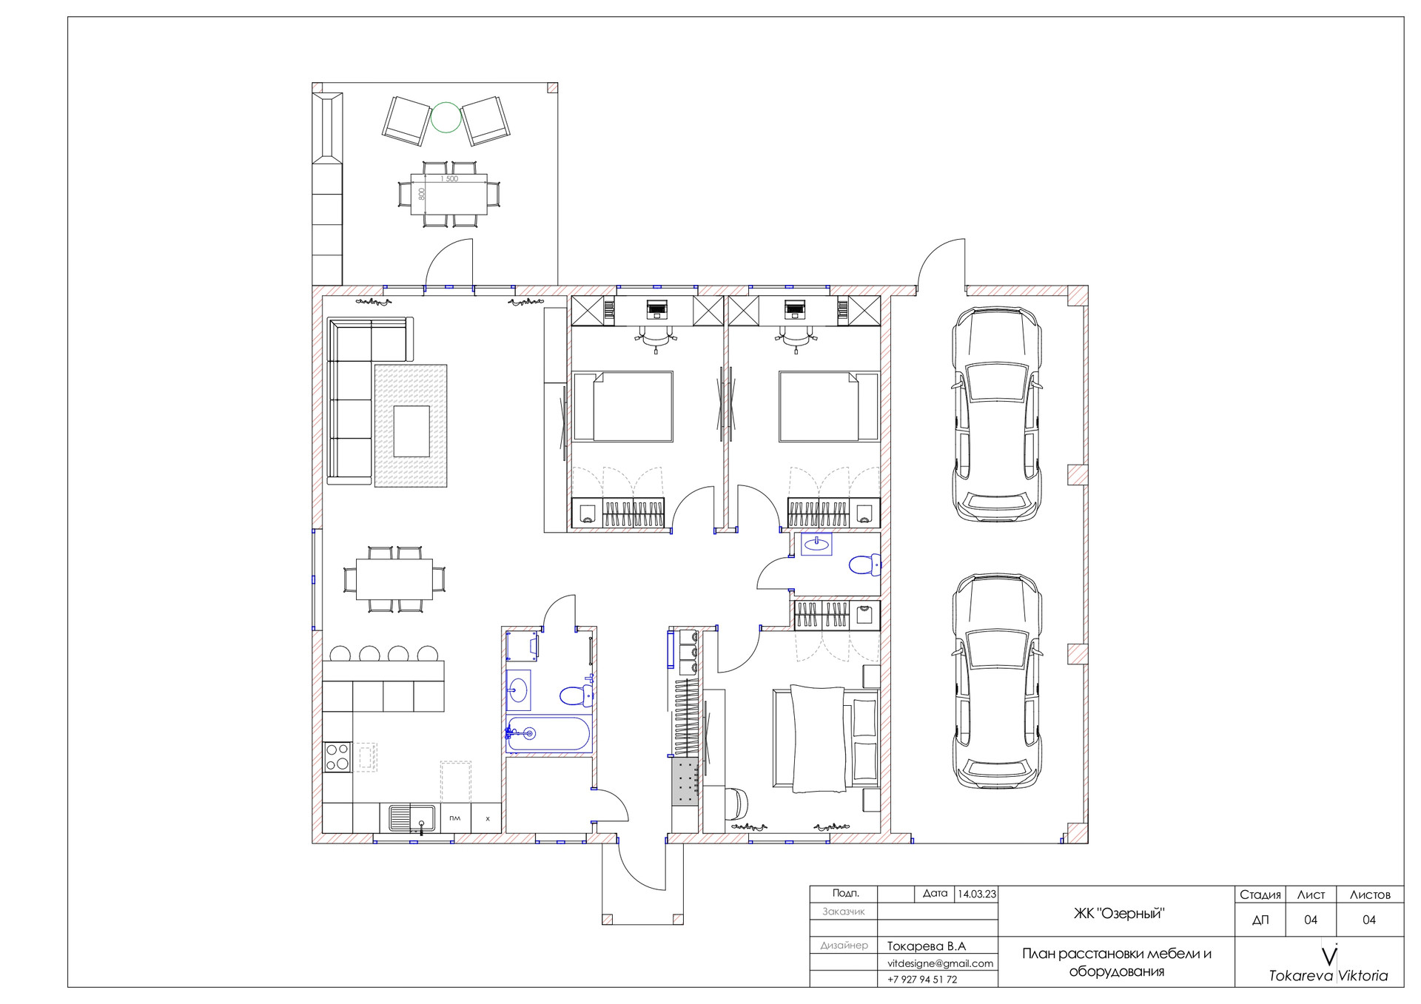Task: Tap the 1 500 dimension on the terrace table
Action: click(449, 179)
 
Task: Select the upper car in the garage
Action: click(996, 414)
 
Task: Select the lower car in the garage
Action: click(996, 681)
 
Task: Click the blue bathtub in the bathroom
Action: click(548, 734)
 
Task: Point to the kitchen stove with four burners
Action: click(337, 757)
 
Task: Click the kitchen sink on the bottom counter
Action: click(411, 818)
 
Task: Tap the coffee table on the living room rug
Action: click(411, 431)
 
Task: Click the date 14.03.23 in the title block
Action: click(977, 894)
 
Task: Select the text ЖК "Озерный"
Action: click(1118, 914)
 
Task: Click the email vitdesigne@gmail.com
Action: click(940, 963)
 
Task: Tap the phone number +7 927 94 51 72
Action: click(922, 979)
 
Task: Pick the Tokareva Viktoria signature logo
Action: click(1328, 965)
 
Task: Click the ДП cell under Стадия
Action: click(1260, 920)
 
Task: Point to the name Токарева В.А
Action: click(927, 946)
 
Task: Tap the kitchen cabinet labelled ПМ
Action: click(455, 818)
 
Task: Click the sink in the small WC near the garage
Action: click(816, 544)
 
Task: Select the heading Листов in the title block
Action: click(1370, 894)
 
